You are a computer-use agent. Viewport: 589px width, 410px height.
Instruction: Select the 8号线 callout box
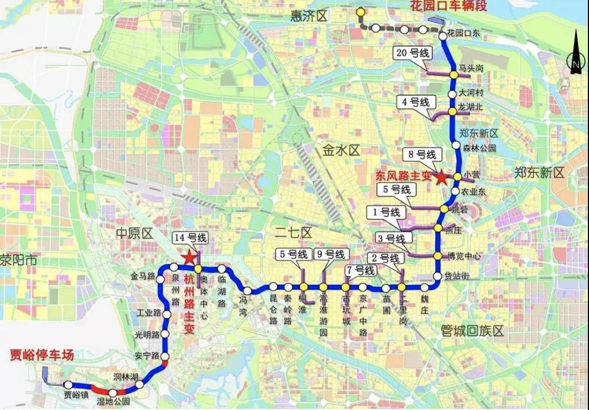coord(421,155)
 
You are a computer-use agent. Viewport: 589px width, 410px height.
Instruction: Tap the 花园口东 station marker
coord(442,35)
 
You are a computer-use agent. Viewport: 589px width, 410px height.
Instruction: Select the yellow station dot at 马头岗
coord(453,74)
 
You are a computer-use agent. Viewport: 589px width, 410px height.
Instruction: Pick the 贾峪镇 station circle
coord(69,385)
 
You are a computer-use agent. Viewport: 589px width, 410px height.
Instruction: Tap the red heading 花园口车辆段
coord(448,7)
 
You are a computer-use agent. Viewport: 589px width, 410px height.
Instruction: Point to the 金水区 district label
coord(341,150)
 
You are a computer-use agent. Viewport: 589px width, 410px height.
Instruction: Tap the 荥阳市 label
coord(18,260)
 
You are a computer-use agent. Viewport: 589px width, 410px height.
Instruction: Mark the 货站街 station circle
coord(437,276)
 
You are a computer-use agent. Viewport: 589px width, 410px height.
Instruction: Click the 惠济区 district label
coord(309,16)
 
